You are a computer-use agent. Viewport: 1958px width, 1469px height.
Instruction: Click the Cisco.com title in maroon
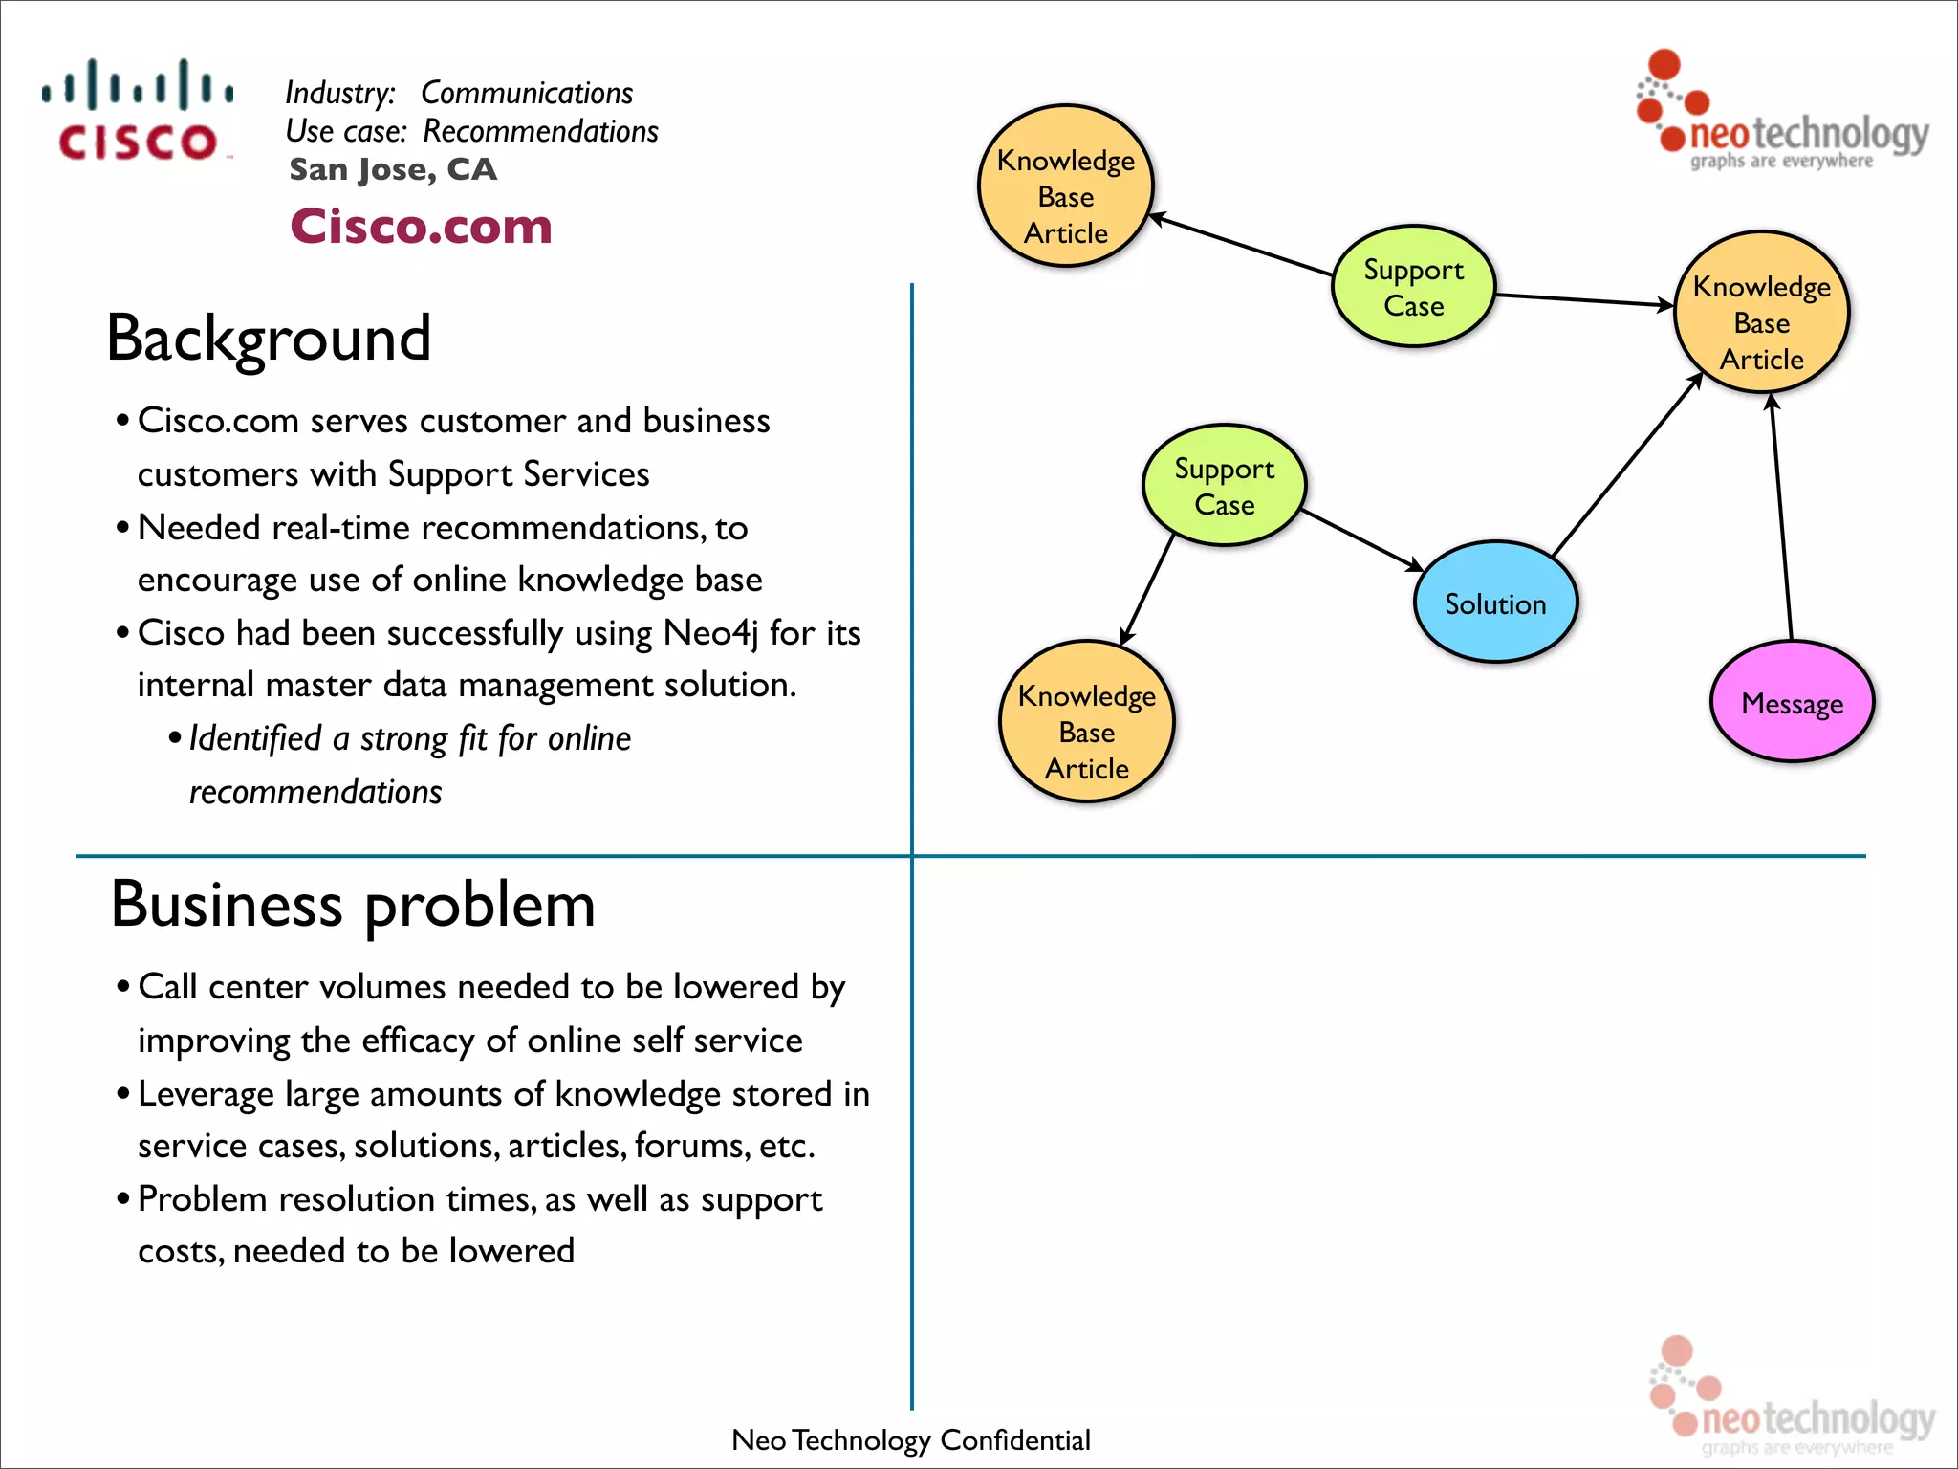tap(421, 227)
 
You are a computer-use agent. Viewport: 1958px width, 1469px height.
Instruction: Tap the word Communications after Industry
tap(527, 93)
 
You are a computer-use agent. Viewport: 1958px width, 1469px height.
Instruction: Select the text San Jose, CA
tap(393, 169)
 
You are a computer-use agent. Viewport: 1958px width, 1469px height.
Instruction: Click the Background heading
tap(269, 338)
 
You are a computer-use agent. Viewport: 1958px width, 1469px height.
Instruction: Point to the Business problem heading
tap(353, 904)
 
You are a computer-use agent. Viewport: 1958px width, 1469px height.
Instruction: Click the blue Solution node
tap(1494, 603)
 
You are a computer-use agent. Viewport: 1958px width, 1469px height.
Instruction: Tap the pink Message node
tap(1792, 703)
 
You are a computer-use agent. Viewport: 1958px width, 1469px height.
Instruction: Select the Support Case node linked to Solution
tap(1224, 486)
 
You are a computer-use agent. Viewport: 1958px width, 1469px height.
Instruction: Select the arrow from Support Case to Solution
tap(1362, 540)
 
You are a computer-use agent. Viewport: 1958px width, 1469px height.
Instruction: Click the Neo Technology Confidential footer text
tap(910, 1439)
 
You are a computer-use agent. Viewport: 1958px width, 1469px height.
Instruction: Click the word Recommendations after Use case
tap(540, 131)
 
